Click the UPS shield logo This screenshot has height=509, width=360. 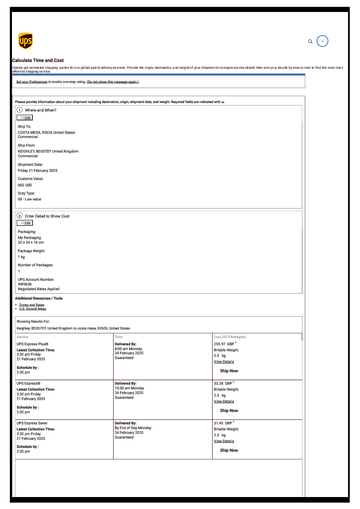pyautogui.click(x=26, y=41)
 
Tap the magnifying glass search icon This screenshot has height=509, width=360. pyautogui.click(x=310, y=41)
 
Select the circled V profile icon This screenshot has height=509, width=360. pyautogui.click(x=322, y=41)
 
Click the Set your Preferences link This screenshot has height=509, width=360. pyautogui.click(x=32, y=82)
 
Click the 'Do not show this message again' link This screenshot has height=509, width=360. pyautogui.click(x=113, y=82)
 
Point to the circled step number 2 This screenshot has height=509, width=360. pyautogui.click(x=20, y=216)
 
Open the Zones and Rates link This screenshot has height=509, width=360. pyautogui.click(x=32, y=305)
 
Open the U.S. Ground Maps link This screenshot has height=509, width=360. pyautogui.click(x=32, y=309)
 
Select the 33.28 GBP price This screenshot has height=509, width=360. pyautogui.click(x=223, y=383)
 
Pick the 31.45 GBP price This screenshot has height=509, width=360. pyautogui.click(x=223, y=423)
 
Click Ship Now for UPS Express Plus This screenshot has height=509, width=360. pyautogui.click(x=229, y=371)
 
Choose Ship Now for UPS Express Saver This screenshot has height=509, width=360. pyautogui.click(x=229, y=450)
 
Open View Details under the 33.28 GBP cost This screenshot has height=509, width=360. pyautogui.click(x=224, y=401)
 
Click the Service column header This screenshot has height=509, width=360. pyautogui.click(x=22, y=337)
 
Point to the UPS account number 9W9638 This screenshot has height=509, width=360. pyautogui.click(x=25, y=284)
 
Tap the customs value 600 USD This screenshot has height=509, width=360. pyautogui.click(x=25, y=185)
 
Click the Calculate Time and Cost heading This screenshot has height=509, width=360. pyautogui.click(x=38, y=61)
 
